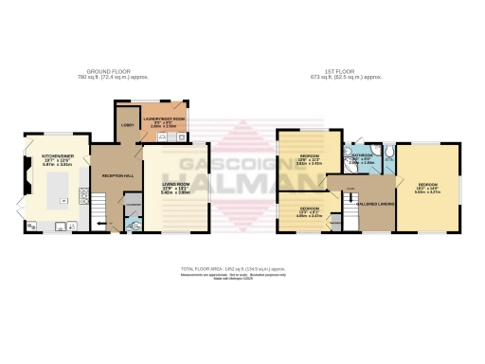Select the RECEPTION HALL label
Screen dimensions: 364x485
(117, 176)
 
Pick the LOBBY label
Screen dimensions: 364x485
(127, 126)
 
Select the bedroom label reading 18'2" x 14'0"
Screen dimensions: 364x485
(429, 187)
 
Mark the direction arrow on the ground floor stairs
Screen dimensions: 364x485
(106, 226)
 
